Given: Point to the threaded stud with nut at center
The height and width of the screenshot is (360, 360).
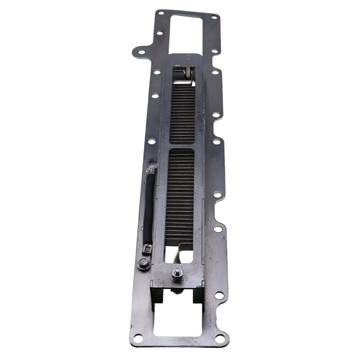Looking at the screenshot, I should pyautogui.click(x=176, y=275).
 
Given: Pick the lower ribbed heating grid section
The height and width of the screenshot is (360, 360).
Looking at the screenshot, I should pyautogui.click(x=180, y=194).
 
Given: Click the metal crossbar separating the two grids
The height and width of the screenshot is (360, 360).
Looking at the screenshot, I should pyautogui.click(x=181, y=145).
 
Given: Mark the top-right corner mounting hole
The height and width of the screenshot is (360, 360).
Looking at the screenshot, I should pyautogui.click(x=214, y=17).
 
